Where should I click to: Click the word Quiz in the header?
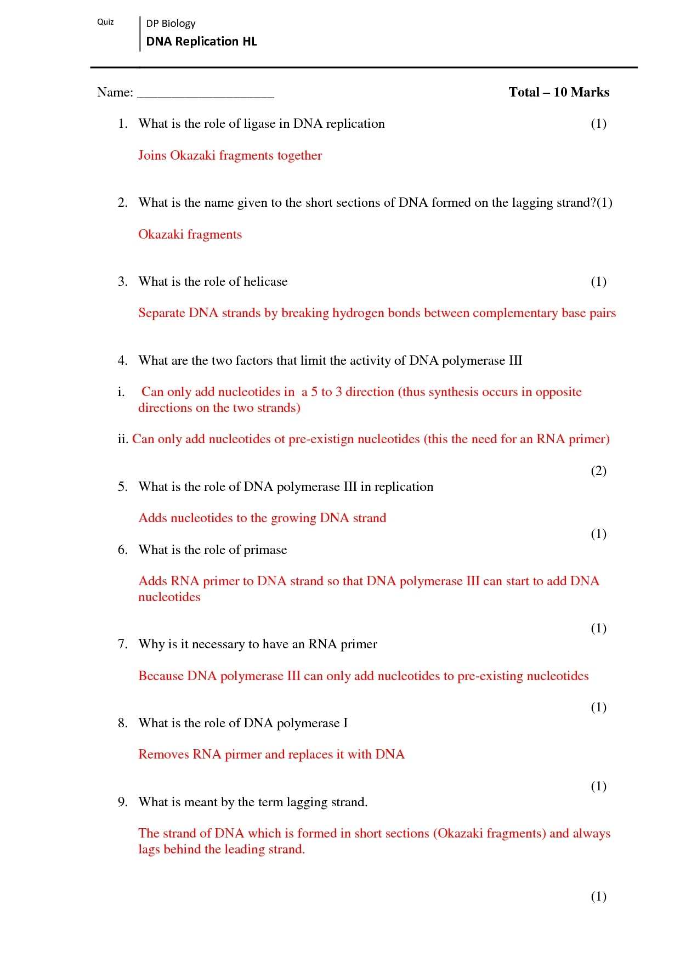click(x=105, y=22)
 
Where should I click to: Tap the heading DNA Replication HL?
click(x=201, y=42)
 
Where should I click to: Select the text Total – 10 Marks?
click(x=559, y=92)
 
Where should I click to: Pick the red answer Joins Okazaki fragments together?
click(x=230, y=156)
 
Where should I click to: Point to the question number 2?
click(x=122, y=203)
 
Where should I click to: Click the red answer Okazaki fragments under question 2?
click(x=190, y=235)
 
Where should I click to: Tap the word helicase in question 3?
click(x=265, y=282)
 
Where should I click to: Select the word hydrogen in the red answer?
click(x=358, y=313)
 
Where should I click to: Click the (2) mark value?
click(x=598, y=471)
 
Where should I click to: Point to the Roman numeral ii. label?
click(x=123, y=439)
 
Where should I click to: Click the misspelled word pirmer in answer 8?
click(x=243, y=755)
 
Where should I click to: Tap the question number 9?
click(x=122, y=802)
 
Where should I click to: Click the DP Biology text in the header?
click(x=171, y=24)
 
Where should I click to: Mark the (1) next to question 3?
click(x=598, y=282)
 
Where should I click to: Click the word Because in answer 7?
click(x=161, y=676)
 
